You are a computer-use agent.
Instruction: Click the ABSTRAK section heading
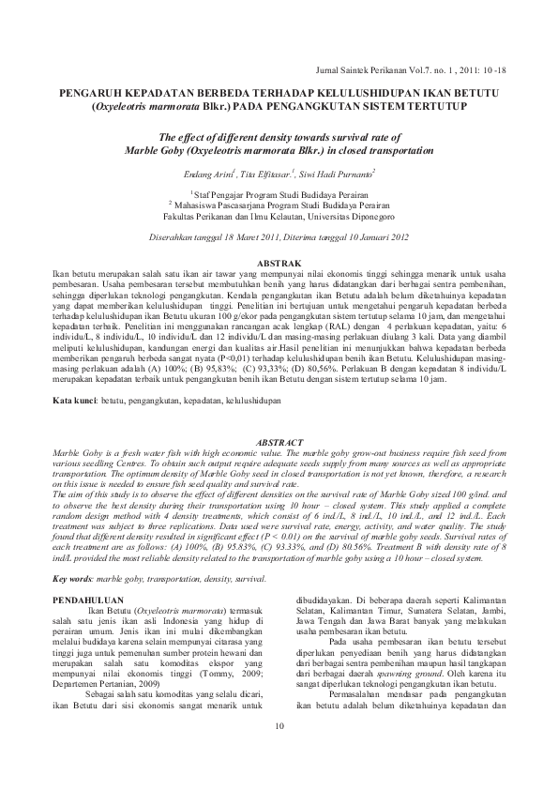[x=279, y=263]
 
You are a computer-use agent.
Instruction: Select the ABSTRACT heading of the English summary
[x=279, y=441]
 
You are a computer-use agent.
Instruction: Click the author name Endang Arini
[x=213, y=175]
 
